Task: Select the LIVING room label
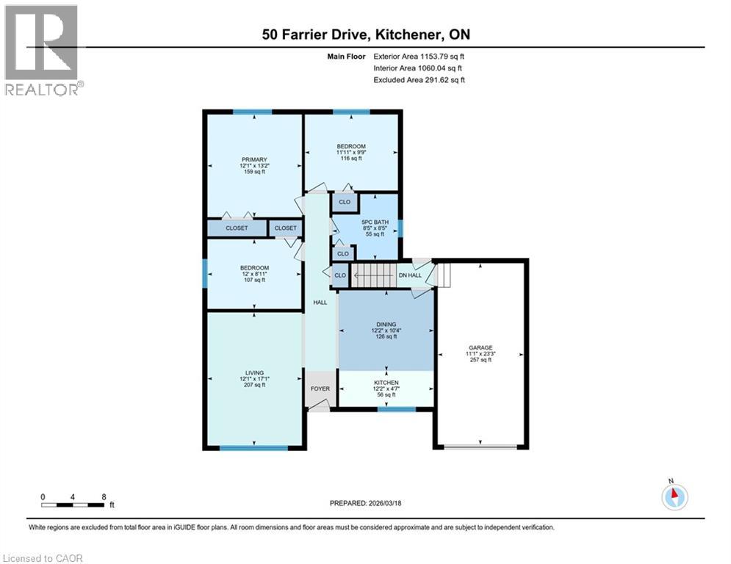(255, 372)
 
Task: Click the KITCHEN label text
(386, 383)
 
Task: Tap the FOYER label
(320, 388)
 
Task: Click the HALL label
(320, 302)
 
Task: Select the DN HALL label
(409, 275)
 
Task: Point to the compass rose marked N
(673, 496)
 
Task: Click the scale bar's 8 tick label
(104, 496)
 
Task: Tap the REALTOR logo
(42, 50)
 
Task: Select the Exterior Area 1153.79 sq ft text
(419, 56)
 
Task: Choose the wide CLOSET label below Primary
(237, 228)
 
